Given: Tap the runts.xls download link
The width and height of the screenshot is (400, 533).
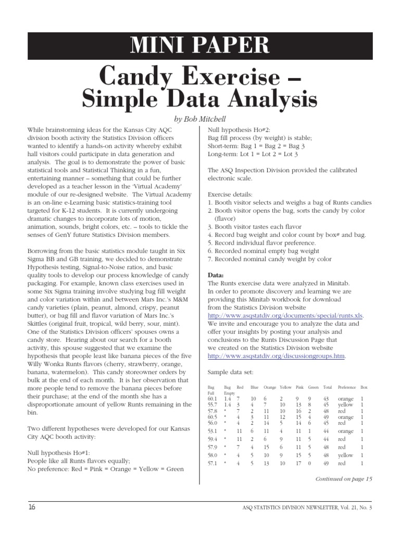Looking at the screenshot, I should coord(285,315).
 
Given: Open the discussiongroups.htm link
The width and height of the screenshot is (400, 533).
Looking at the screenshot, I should coord(276,356).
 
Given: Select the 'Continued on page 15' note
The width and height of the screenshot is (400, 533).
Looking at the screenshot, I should coord(344,478).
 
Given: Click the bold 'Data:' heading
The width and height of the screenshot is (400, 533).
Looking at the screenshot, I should coord(216,275).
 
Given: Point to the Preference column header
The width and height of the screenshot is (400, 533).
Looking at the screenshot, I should coord(347,387).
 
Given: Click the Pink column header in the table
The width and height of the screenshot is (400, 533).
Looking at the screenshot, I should coord(299,387).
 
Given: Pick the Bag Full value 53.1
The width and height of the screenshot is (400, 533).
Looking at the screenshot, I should coord(213,432).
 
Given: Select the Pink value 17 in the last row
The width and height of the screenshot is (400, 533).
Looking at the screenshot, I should coord(299,463).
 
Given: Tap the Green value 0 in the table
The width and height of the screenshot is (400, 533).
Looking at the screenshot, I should coord(309,463).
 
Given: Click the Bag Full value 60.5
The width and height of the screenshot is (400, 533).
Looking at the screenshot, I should coord(213,417).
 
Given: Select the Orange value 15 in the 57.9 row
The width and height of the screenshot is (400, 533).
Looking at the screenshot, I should coord(266,448).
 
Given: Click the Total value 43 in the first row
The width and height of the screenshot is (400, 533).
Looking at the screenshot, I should coord(327,398).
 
